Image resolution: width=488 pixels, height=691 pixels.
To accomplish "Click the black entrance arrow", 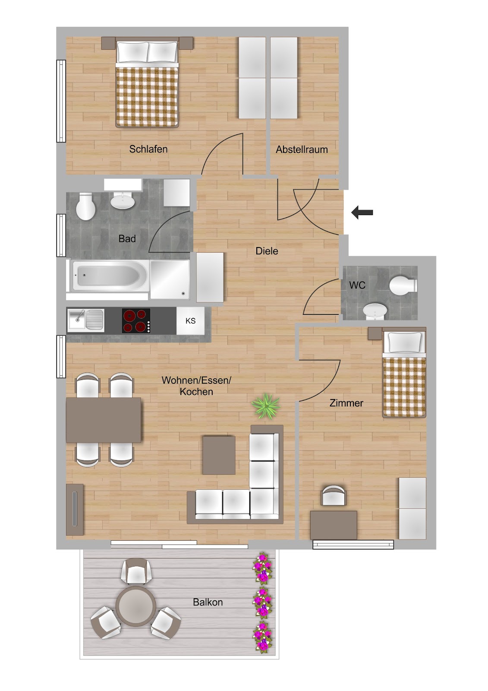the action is (362, 212).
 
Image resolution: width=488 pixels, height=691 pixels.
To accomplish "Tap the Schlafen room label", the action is (148, 149).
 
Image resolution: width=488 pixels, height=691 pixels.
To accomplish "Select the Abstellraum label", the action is (302, 149).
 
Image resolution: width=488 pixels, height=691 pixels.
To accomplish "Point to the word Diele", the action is (267, 251).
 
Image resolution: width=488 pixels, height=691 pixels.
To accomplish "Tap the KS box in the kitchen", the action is (191, 321).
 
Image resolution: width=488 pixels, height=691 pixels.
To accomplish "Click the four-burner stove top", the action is (136, 321).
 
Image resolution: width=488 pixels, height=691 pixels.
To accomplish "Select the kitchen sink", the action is (86, 321).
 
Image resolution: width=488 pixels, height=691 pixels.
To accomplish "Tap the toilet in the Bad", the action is (85, 206).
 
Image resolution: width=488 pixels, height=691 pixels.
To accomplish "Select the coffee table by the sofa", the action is (219, 455).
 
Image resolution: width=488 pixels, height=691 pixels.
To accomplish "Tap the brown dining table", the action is (104, 420).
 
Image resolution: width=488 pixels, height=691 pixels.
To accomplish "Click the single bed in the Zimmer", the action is (404, 374).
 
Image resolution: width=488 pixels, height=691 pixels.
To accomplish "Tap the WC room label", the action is (357, 285).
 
